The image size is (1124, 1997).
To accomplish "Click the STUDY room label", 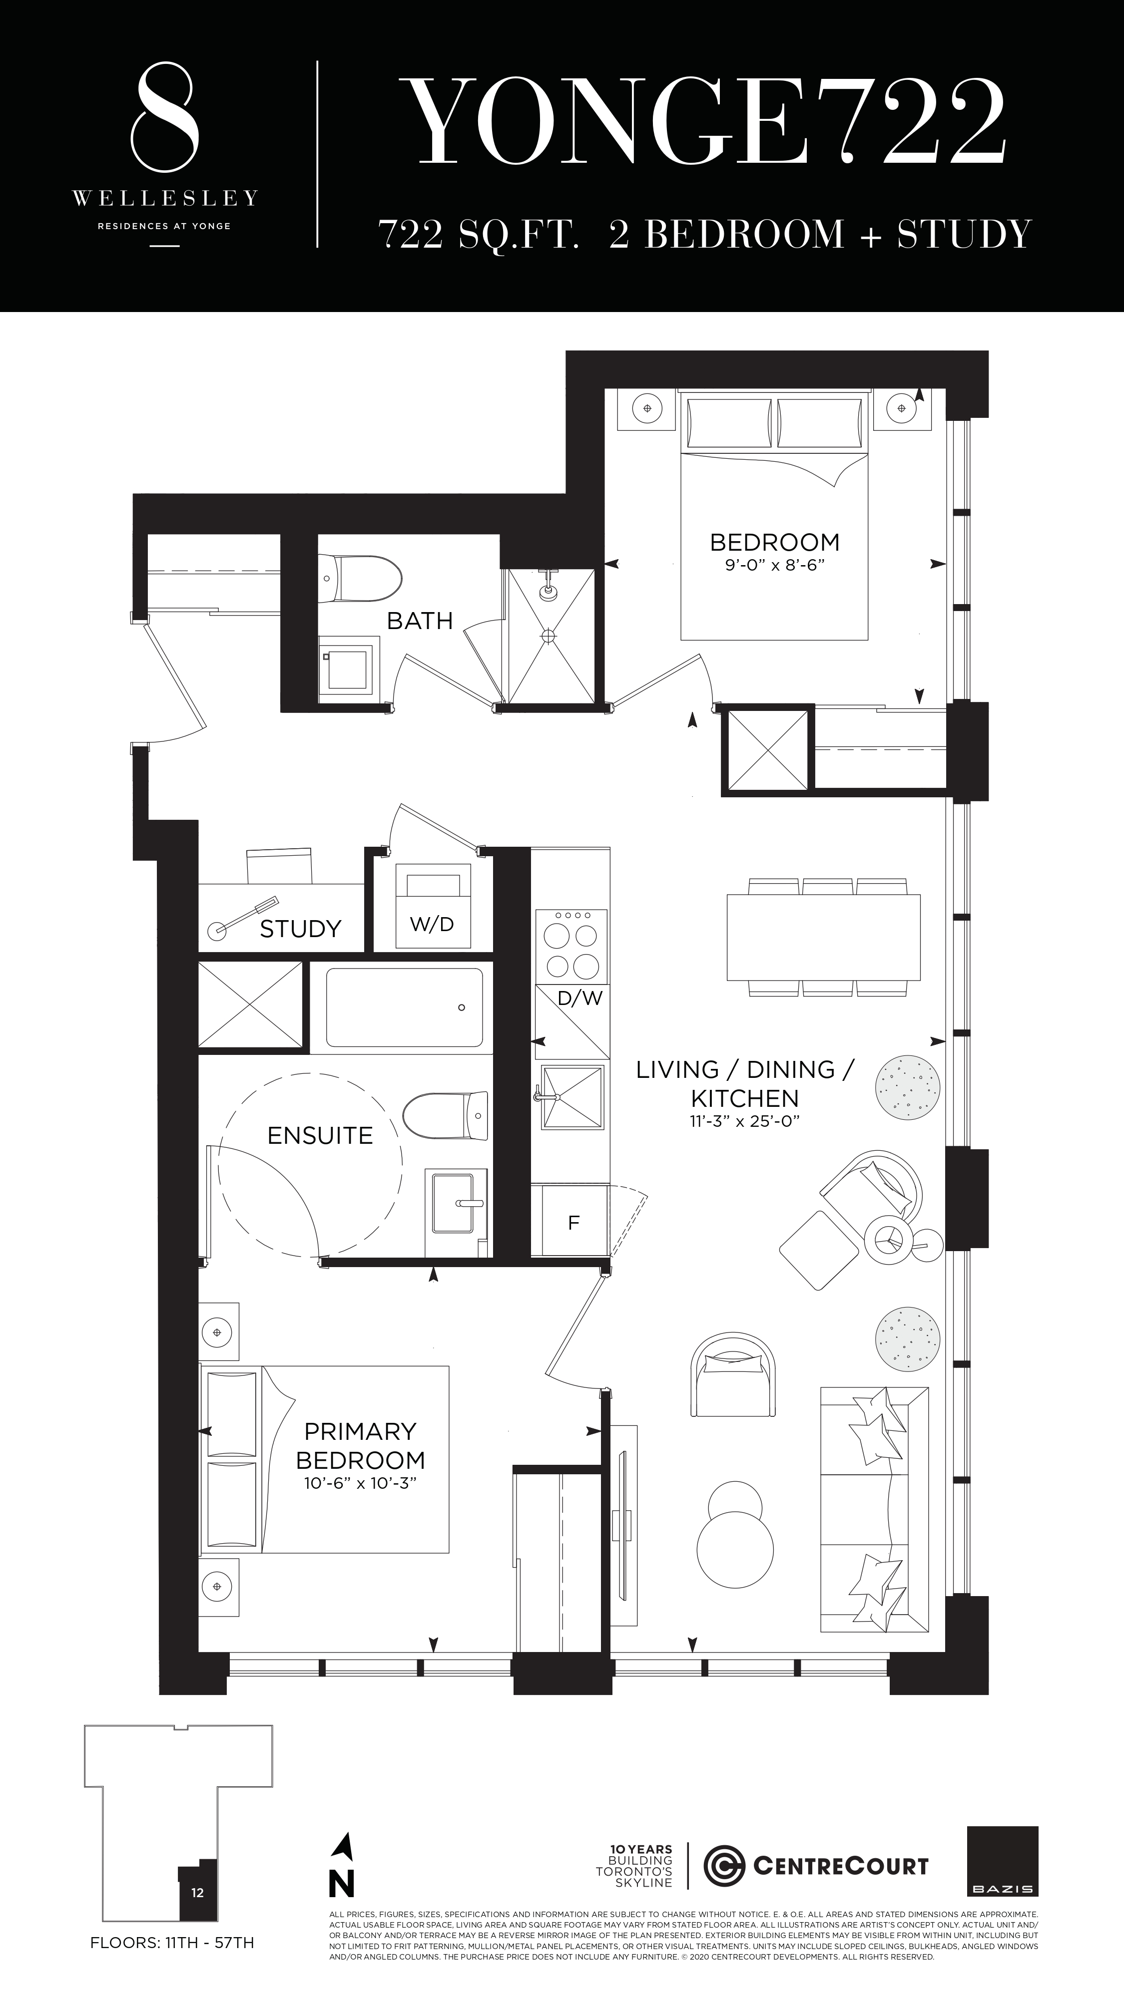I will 300,929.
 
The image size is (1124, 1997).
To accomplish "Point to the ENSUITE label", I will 320,1136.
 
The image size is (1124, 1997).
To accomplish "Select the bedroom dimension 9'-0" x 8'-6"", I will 774,565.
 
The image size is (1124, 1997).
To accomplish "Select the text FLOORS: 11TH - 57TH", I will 172,1943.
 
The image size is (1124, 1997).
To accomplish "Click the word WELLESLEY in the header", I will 164,199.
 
